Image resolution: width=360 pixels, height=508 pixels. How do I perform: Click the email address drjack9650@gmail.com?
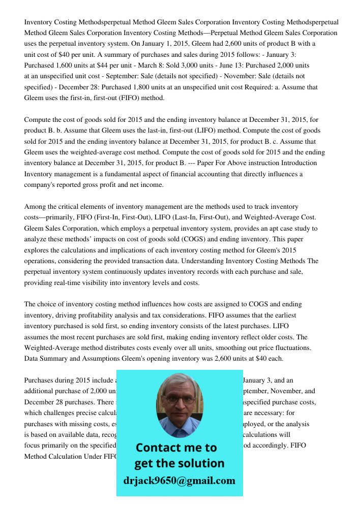(x=179, y=481)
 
